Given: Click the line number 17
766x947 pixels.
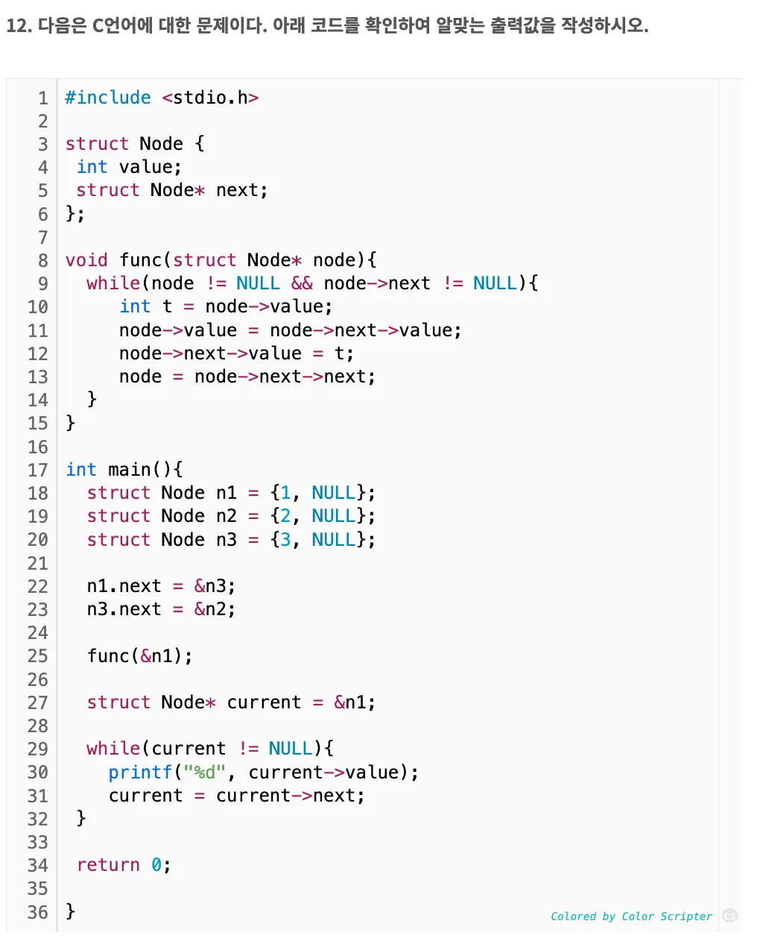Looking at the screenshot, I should point(38,470).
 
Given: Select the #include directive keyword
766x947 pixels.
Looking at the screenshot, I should point(108,98).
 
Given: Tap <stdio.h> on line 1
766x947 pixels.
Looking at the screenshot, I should point(210,98).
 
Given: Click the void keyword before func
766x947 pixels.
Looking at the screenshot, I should point(86,260).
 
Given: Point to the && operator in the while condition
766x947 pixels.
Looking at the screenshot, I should point(302,283).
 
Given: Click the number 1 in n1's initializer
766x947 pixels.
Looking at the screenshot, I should point(285,493).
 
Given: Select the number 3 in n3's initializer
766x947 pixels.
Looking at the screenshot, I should point(285,540).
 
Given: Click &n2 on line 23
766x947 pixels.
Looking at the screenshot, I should point(215,609).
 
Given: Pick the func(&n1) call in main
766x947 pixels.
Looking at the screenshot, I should point(139,656).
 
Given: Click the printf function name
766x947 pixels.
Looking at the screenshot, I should point(140,773).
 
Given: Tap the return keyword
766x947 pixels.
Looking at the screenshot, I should point(108,865).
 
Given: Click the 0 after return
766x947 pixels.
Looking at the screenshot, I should point(156,865).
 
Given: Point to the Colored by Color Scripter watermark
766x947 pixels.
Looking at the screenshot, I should point(631,916).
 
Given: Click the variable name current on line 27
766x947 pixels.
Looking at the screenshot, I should point(265,702).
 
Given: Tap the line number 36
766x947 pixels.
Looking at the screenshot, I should point(38,912).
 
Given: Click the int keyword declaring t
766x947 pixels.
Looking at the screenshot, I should point(135,306).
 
